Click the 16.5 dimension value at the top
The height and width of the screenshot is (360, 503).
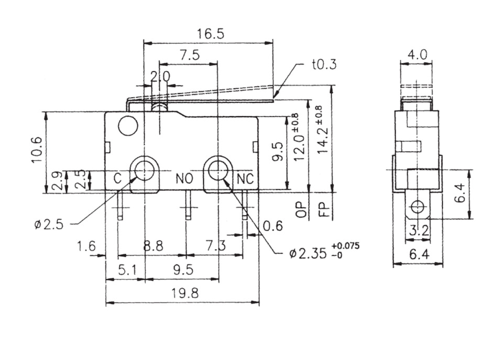point(211,34)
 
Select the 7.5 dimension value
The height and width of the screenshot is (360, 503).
point(189,55)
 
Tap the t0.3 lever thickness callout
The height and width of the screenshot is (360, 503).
point(324,64)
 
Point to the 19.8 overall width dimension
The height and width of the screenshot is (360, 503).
point(185,293)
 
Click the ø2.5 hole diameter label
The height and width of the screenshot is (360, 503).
point(49,225)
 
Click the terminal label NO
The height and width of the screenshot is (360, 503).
point(184,179)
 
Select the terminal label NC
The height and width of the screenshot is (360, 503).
point(245,179)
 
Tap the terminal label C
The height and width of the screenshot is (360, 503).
point(118,178)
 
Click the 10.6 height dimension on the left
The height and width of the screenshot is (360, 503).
point(37,149)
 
